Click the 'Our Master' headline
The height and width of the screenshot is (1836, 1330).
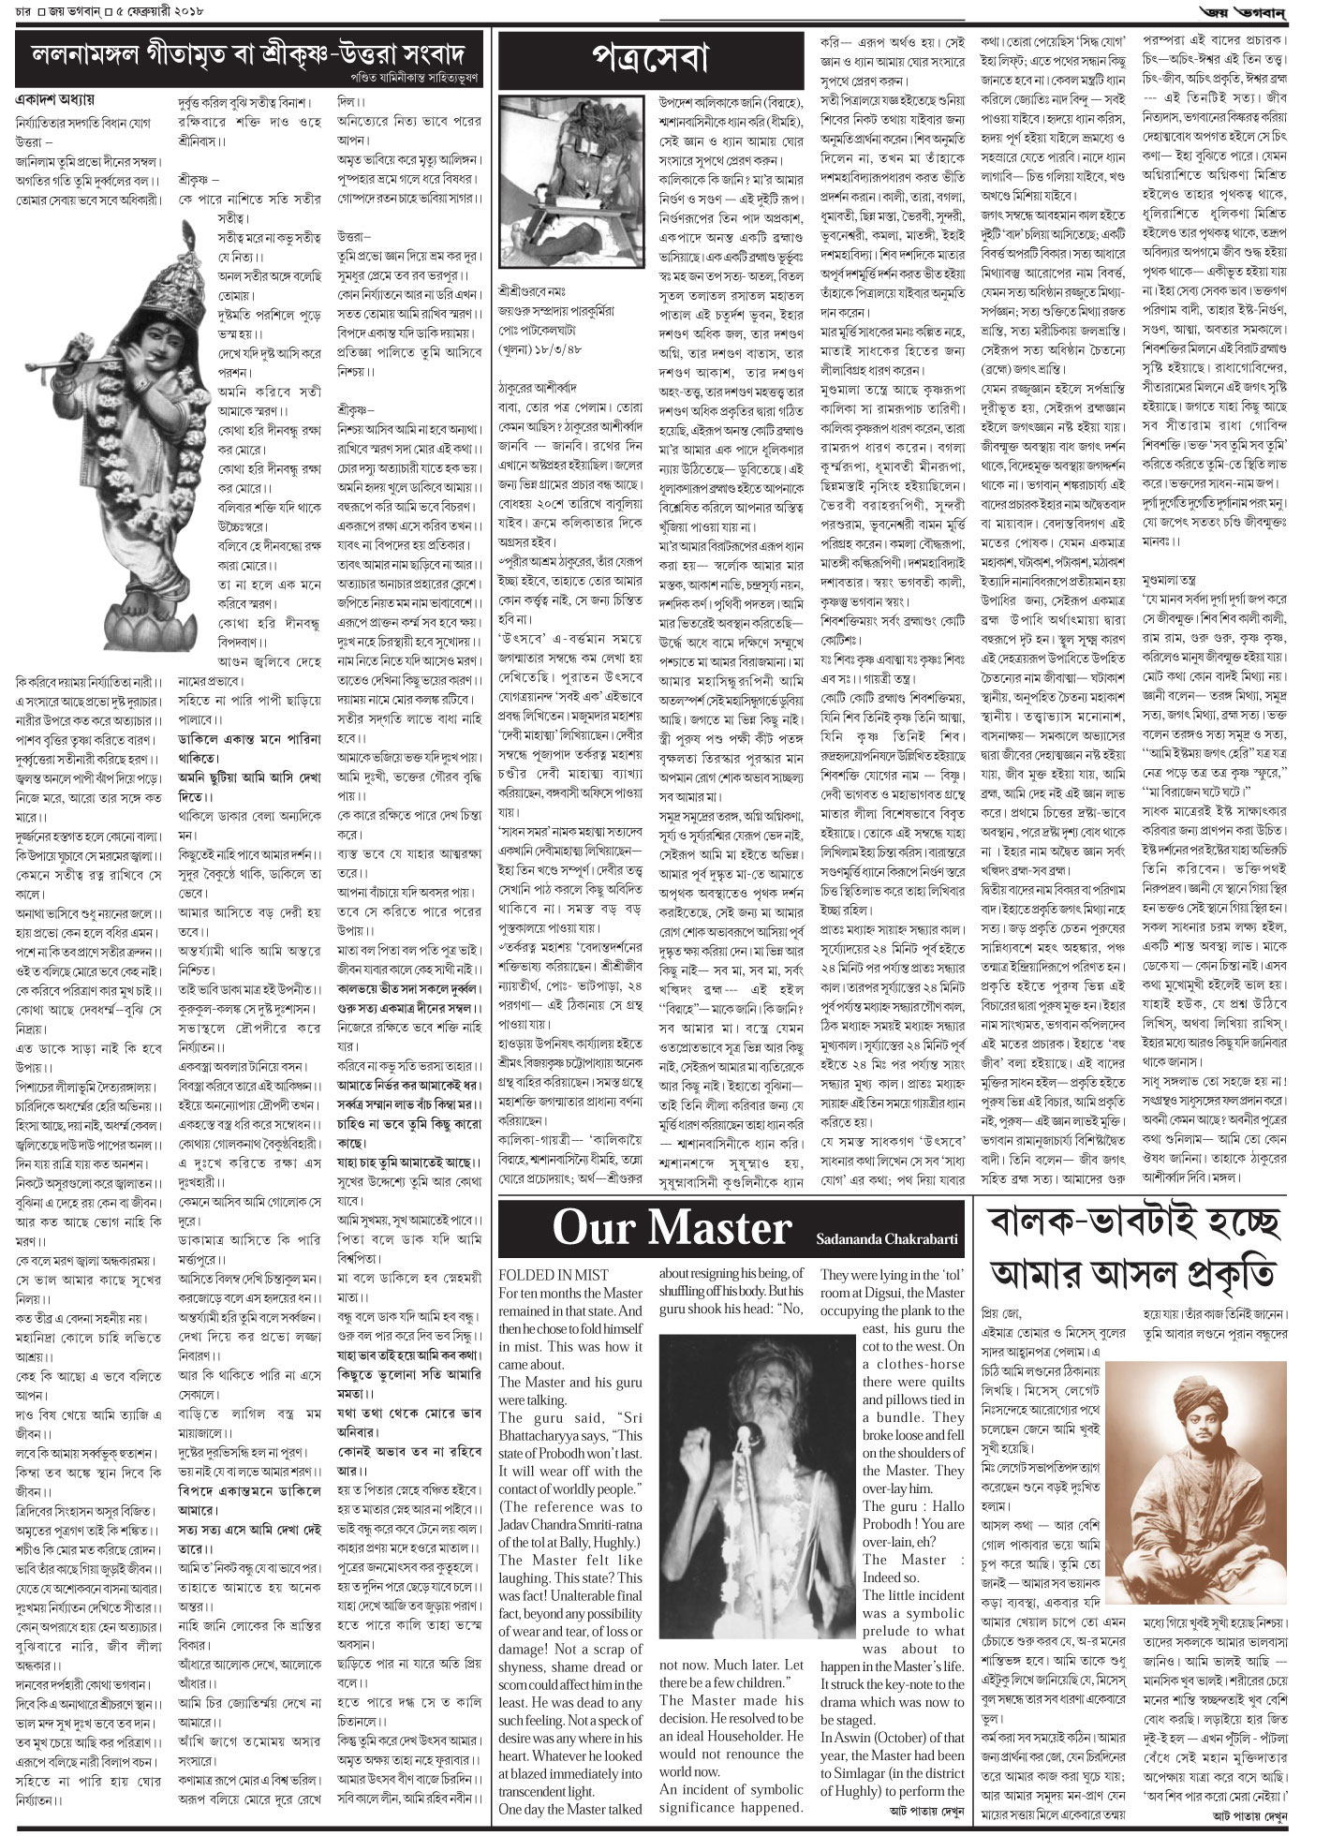tap(672, 1229)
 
